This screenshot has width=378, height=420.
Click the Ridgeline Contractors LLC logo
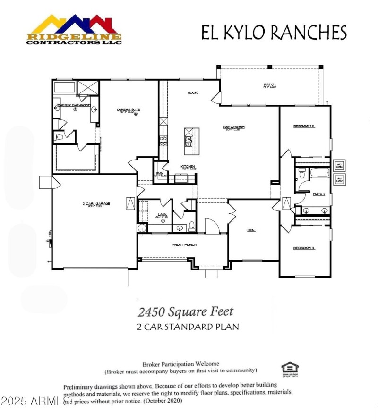point(74,29)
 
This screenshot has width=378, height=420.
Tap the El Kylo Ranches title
point(274,33)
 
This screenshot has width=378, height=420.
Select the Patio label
point(269,85)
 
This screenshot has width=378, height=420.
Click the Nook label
point(192,92)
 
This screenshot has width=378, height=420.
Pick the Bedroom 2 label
point(304,126)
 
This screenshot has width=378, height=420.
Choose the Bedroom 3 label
point(304,247)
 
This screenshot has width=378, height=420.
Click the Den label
point(251,230)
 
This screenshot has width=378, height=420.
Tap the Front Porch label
point(184,245)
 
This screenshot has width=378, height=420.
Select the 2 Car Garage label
point(96,203)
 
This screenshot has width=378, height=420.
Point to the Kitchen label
point(188,167)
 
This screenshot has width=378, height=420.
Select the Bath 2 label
point(318,194)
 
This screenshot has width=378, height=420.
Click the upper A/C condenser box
point(339,166)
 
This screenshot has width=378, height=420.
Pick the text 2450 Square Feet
point(186,311)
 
